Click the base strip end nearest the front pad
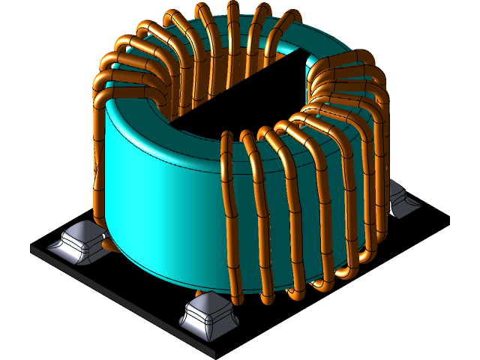(211, 352)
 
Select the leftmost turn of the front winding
(229, 217)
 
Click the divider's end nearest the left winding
(180, 117)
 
